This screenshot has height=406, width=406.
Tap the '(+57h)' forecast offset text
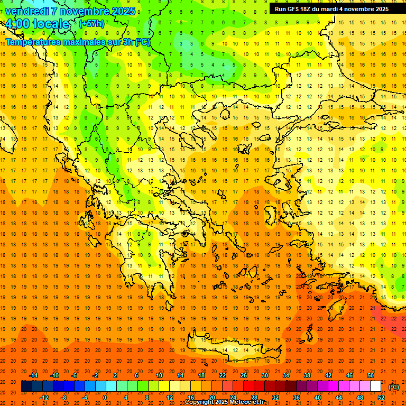click(91, 24)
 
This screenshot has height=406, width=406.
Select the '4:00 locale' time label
click(38, 24)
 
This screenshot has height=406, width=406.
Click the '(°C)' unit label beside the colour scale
click(394, 387)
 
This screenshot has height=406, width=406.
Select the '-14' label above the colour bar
click(33, 375)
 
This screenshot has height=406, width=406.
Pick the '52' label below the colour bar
click(381, 398)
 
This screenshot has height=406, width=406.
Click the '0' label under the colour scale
click(105, 398)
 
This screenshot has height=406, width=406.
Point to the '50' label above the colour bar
click(370, 375)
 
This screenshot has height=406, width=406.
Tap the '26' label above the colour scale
click(244, 375)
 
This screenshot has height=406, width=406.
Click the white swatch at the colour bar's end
click(376, 386)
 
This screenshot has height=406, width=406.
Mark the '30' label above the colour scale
click(265, 375)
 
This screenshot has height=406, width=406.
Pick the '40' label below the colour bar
click(318, 398)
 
